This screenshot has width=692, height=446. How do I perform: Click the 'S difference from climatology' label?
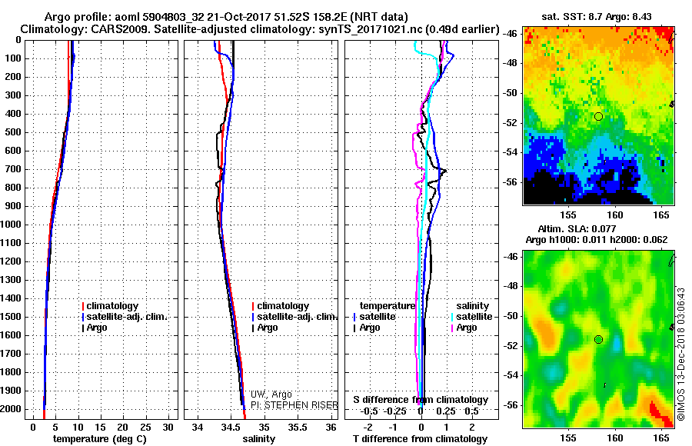[421, 400]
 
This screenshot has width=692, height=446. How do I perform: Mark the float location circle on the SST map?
[598, 116]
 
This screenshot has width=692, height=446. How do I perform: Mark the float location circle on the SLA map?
[598, 339]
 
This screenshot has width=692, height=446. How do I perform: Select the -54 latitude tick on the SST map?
[511, 152]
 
